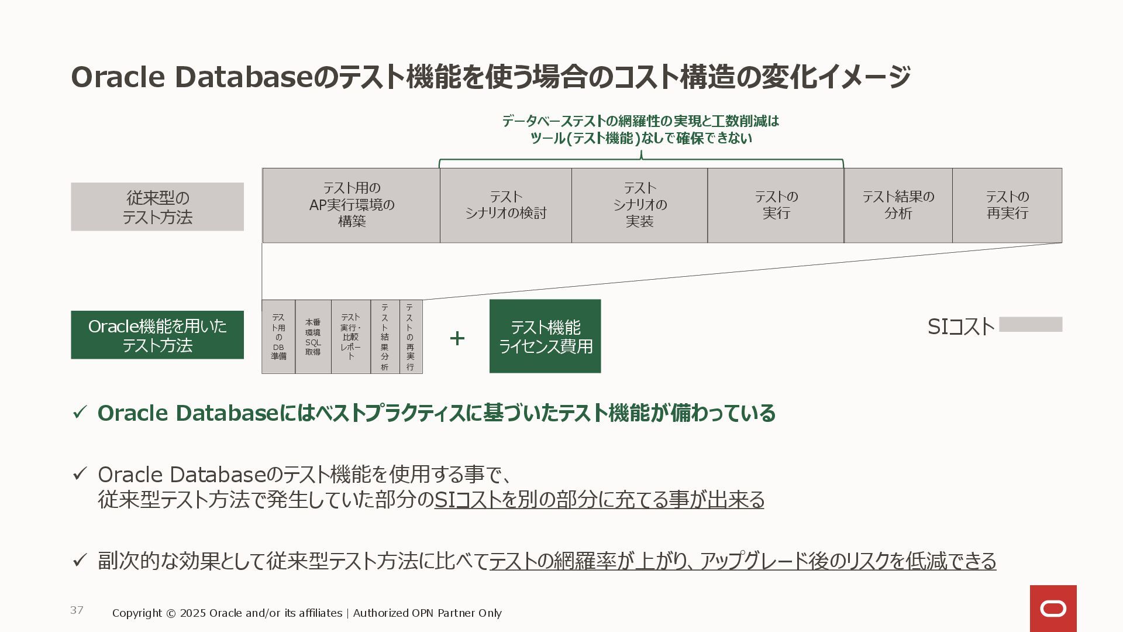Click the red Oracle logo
pos(1053,609)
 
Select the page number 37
pos(77,610)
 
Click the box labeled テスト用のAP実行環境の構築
pos(351,205)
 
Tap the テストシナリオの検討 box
pos(505,205)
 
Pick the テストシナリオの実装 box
pos(639,205)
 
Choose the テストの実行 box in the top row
pos(776,205)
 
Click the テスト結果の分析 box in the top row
pos(898,205)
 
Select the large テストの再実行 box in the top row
pos(1007,205)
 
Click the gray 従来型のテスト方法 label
pos(157,207)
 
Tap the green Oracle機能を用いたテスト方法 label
pos(157,335)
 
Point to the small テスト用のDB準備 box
pos(278,336)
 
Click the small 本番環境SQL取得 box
pos(313,336)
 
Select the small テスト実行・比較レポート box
pos(351,336)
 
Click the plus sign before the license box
pos(457,338)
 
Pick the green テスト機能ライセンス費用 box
pos(545,336)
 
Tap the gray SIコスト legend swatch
pos(1031,324)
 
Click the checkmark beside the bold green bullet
pos(80,413)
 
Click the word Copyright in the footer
pos(137,613)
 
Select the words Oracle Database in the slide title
pos(192,77)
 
